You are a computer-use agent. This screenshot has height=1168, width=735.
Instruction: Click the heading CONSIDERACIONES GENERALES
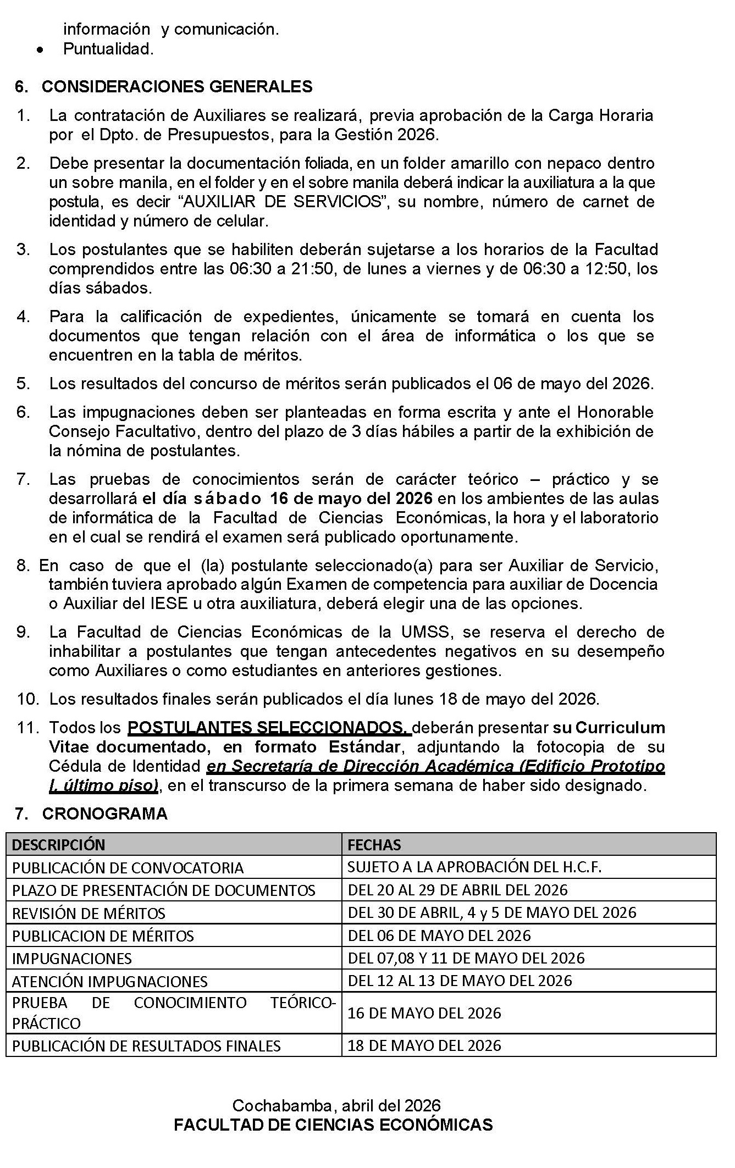click(177, 86)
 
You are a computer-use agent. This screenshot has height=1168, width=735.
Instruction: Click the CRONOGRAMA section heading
click(104, 813)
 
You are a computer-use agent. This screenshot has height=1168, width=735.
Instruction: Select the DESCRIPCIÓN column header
click(58, 845)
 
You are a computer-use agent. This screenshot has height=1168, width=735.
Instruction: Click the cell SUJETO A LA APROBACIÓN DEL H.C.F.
click(474, 867)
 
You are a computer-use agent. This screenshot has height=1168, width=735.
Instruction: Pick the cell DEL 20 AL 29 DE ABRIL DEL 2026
click(457, 890)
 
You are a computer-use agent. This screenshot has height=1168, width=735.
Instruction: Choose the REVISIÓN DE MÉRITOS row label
click(89, 913)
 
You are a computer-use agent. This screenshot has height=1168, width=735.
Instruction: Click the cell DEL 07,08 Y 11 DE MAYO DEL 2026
click(466, 958)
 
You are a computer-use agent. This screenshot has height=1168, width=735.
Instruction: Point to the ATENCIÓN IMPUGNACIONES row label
click(110, 981)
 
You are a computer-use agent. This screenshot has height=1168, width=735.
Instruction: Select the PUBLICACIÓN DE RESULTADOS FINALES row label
click(146, 1045)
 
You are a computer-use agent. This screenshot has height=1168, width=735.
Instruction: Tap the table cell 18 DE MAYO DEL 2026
click(424, 1045)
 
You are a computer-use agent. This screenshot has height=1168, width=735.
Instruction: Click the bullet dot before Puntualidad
click(39, 50)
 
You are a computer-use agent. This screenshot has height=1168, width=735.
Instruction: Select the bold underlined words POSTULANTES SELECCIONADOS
click(269, 728)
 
